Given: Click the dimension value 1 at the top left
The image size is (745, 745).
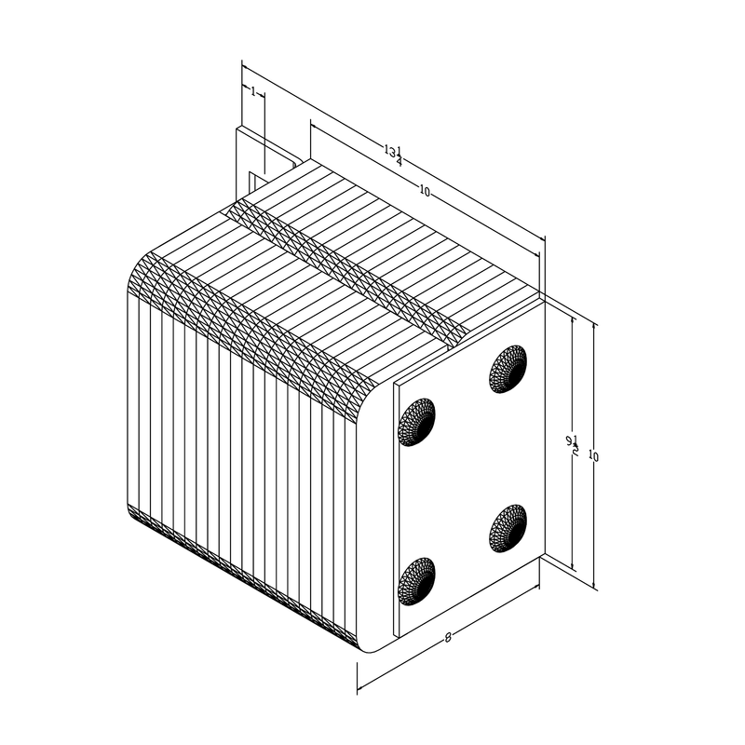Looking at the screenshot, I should click(x=253, y=91).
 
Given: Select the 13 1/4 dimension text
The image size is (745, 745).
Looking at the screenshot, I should click(x=394, y=154).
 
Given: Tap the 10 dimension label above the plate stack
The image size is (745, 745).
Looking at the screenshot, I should click(x=425, y=191).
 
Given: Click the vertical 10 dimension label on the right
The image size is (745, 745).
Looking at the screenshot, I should click(x=593, y=456).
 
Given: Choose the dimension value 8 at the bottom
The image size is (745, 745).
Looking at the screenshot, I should click(x=448, y=638).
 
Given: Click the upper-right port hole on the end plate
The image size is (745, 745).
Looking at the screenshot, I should click(x=508, y=369).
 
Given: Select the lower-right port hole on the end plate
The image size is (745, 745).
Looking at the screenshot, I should click(x=508, y=528).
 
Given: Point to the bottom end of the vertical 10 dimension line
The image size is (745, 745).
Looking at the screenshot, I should click(x=595, y=589).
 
